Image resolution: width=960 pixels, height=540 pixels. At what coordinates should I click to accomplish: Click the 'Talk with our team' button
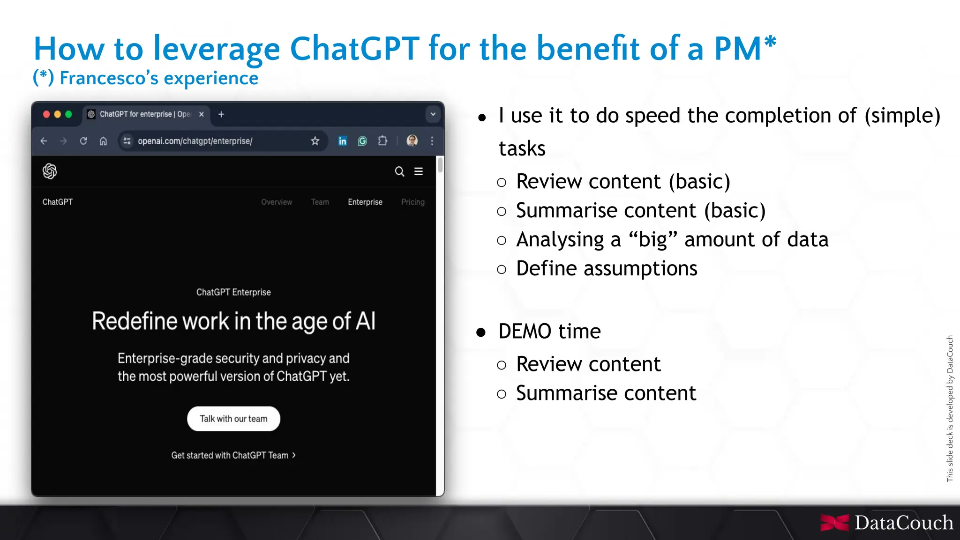coord(233,419)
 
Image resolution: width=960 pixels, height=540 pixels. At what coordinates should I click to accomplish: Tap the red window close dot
coord(46,114)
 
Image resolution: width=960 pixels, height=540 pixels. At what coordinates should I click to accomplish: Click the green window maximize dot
coord(68,114)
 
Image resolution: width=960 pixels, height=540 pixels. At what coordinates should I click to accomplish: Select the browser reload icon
coord(83,141)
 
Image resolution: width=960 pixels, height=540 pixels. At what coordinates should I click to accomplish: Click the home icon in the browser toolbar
coord(103,141)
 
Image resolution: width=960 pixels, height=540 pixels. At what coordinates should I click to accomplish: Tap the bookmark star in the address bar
coord(315,141)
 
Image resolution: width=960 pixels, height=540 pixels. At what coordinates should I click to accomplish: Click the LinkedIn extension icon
coord(343,141)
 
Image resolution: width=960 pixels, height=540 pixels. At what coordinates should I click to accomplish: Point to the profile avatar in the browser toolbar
coord(412,141)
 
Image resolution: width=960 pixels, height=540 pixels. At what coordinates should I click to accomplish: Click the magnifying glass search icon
coord(399,171)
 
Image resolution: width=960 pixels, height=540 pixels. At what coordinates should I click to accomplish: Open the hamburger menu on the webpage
coord(419,171)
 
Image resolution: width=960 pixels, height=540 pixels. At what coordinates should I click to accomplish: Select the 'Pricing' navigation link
coord(412,202)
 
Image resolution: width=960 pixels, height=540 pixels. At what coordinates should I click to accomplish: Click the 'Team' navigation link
coord(320,202)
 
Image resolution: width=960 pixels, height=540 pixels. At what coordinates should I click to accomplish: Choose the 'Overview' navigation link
coord(277,202)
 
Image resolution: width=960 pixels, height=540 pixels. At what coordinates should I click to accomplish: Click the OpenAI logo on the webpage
coord(50,171)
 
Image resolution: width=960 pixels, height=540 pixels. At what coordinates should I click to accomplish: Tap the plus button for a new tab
coord(221,114)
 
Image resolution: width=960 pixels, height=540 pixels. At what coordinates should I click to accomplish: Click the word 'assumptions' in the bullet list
coord(640,269)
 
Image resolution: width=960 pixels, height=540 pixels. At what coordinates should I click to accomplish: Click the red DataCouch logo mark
coord(834,523)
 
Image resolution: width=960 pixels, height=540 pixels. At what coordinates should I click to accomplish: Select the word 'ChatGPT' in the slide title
coord(355,48)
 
